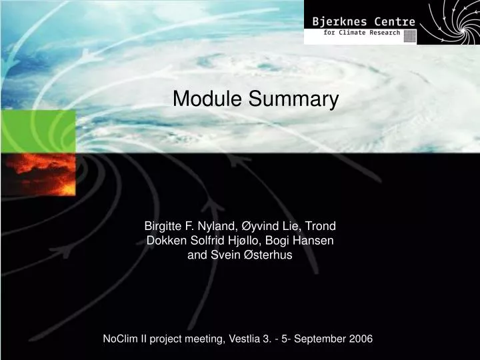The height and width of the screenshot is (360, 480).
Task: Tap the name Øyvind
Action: point(263,226)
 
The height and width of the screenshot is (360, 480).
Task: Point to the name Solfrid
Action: point(207,240)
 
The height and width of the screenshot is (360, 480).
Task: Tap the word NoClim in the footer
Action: point(120,339)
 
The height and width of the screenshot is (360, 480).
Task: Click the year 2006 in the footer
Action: point(361,339)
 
